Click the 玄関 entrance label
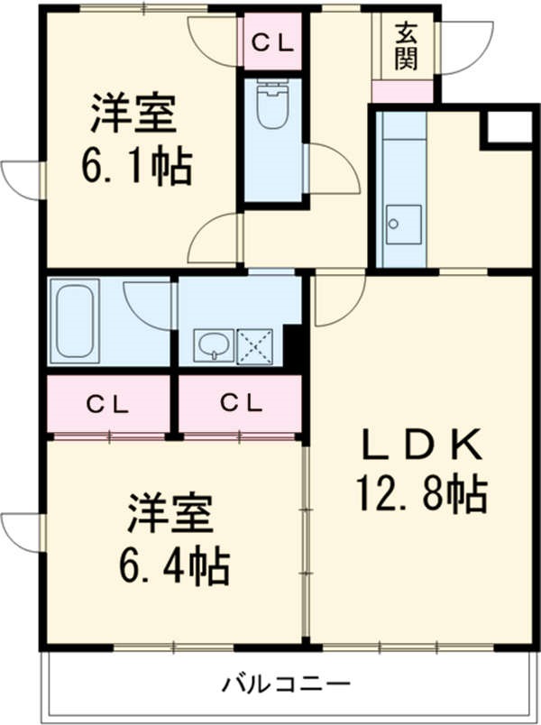pos(405,48)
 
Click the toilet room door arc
pos(331,170)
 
